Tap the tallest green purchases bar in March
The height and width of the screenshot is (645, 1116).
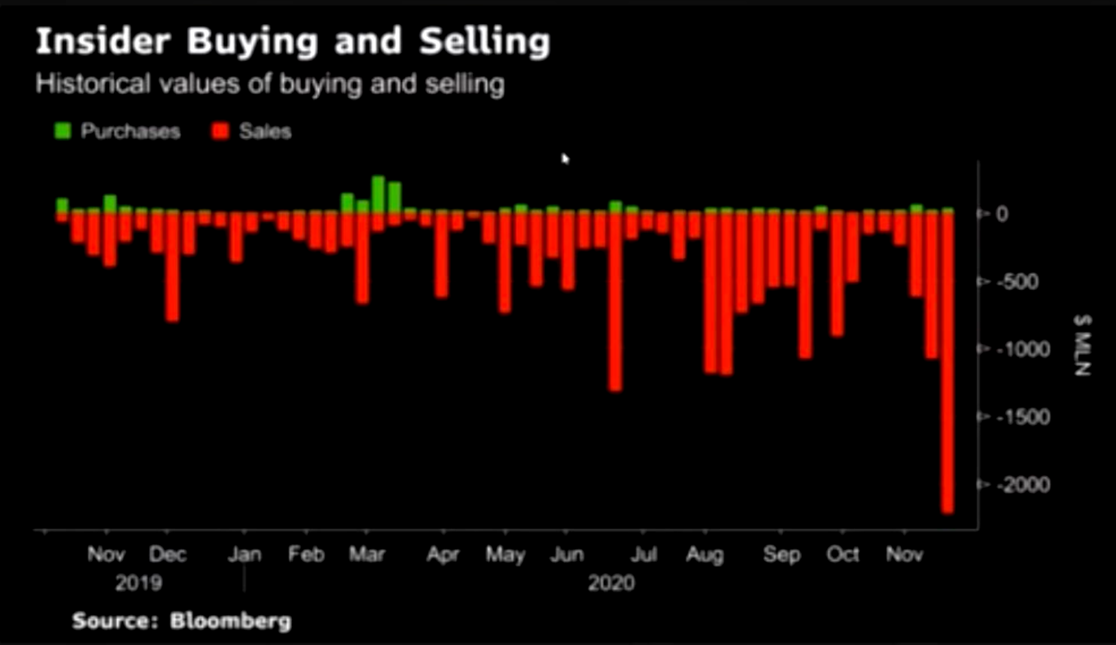[378, 193]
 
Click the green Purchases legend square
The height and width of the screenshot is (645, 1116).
[63, 131]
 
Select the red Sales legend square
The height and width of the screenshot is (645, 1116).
[221, 131]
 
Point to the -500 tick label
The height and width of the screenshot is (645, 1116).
[1017, 282]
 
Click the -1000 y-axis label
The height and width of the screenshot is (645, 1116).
[1023, 349]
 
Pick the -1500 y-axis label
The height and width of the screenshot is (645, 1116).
[1023, 417]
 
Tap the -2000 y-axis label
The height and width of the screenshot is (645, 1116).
[1023, 484]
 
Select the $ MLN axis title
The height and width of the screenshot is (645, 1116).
[1082, 345]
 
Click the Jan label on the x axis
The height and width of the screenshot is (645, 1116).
[245, 555]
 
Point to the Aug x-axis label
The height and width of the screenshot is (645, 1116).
[705, 555]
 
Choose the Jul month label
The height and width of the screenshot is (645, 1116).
[644, 555]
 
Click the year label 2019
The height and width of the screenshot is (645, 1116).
[138, 583]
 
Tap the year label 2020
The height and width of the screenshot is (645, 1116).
[611, 583]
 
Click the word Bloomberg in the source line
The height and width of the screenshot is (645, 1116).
[230, 621]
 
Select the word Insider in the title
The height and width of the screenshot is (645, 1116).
[103, 42]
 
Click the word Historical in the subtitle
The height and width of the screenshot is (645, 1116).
[93, 84]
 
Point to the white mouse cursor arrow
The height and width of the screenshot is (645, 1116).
[565, 158]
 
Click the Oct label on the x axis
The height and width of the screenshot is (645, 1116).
[843, 555]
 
